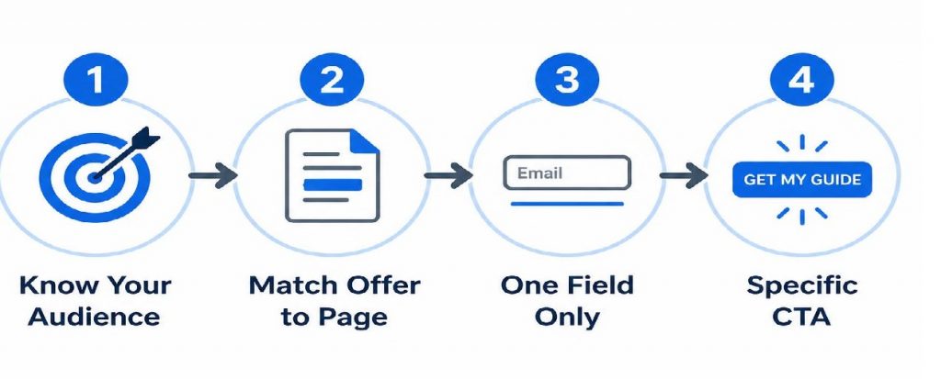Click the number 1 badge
click(96, 80)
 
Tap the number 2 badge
click(332, 80)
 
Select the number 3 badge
click(567, 80)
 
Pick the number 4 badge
click(801, 80)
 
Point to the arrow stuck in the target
click(126, 153)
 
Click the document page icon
click(333, 175)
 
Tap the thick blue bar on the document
click(333, 184)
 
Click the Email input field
click(567, 173)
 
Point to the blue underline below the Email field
click(567, 204)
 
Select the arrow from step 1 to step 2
click(213, 175)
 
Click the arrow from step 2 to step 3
click(448, 175)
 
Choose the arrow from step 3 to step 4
click(684, 175)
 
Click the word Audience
click(95, 316)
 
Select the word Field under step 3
click(599, 284)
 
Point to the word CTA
click(801, 316)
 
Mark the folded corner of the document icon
click(366, 141)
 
